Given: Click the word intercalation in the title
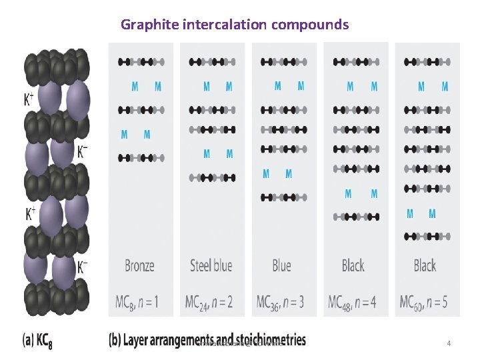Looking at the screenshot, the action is (x=216, y=25).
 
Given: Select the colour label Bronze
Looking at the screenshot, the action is (x=139, y=265).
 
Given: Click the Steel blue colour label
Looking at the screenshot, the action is (x=211, y=265).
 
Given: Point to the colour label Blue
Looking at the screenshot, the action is (x=281, y=265).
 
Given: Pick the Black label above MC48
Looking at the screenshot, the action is (x=353, y=265).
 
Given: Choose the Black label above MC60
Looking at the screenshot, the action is (x=425, y=265).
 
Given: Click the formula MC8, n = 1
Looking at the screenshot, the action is (x=139, y=302).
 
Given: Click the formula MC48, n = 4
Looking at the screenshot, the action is (x=352, y=302).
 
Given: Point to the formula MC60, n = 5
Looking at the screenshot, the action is (x=424, y=302).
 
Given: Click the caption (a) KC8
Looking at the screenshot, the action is (x=38, y=341).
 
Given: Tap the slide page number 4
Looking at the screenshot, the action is (x=449, y=343).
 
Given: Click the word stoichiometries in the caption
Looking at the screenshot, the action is (x=265, y=340).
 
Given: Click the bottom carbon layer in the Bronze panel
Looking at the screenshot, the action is (x=141, y=158).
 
